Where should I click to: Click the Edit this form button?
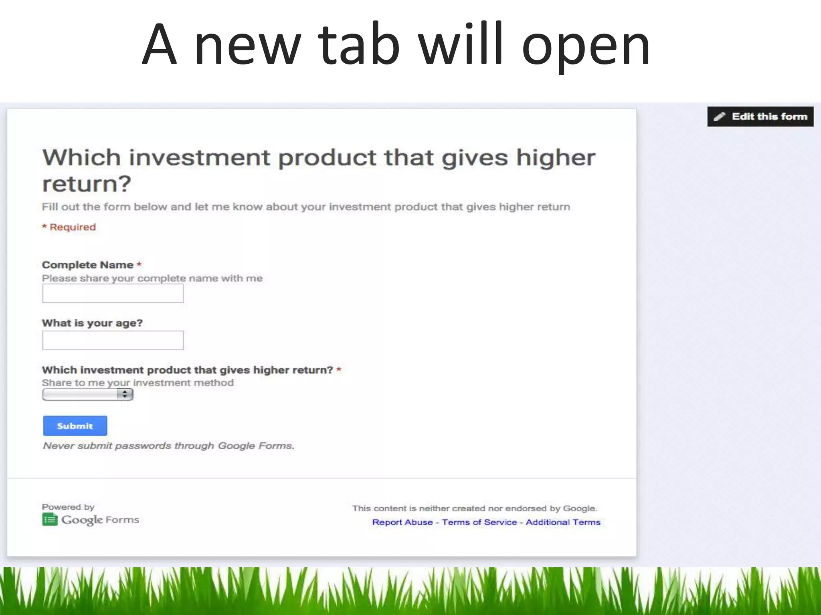coord(760,117)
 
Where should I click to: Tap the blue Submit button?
coord(75,426)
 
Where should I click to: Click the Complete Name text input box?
coord(113,293)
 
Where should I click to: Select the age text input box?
coord(113,340)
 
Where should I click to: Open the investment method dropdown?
coord(87,394)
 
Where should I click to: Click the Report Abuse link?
coord(402,522)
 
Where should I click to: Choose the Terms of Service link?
coord(479,522)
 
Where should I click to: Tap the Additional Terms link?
coord(563,522)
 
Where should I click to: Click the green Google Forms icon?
coord(50,520)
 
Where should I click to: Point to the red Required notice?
coord(69,227)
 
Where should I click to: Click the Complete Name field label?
coord(87,265)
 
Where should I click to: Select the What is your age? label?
coord(92,323)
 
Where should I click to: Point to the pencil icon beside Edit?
coord(720,117)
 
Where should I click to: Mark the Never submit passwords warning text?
coord(168,446)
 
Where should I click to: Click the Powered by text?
coord(68,507)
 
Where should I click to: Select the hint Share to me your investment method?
coord(138,383)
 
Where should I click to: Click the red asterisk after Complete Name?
coord(139,264)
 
